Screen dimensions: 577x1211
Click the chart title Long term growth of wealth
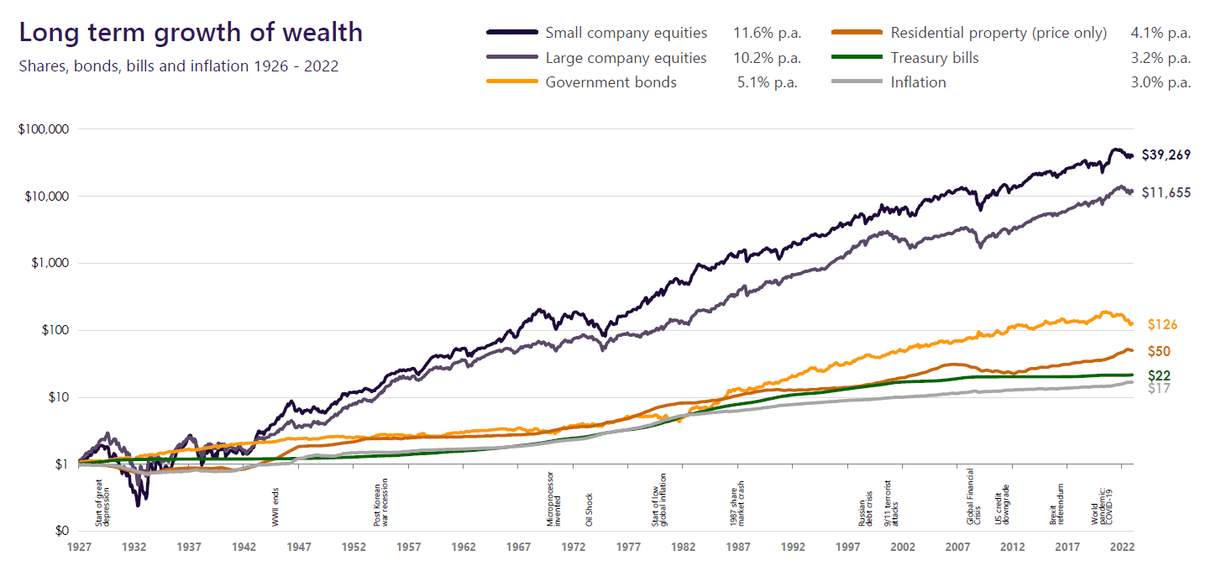(191, 33)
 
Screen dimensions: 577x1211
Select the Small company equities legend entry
(626, 34)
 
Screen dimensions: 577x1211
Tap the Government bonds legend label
(611, 82)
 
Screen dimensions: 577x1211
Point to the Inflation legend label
(918, 82)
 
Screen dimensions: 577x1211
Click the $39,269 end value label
(1166, 155)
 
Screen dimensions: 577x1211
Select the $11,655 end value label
(1166, 192)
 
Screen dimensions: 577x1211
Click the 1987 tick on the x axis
(738, 546)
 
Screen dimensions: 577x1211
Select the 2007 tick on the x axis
(957, 546)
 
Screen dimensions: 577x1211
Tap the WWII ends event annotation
(275, 509)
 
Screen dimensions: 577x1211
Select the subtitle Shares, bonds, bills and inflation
(178, 66)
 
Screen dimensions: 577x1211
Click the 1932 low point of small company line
(138, 505)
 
